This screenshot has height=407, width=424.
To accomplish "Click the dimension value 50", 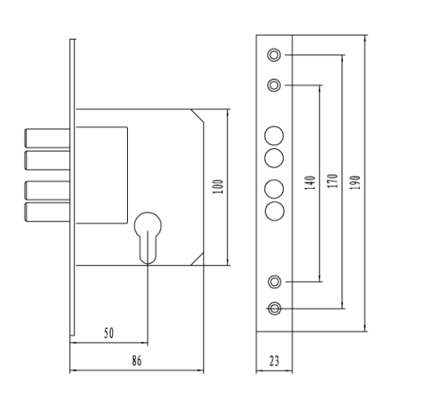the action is point(109,333).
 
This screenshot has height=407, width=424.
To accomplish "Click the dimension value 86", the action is point(137,361).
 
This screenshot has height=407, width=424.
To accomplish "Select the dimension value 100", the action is point(218,187).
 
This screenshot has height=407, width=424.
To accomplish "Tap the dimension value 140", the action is point(310,183).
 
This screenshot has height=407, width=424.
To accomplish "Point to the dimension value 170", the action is point(332,181).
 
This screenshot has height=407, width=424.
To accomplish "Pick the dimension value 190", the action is point(355,182).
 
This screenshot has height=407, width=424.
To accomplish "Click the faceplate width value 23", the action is point(274,361).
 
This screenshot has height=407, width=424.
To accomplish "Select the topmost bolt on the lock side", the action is point(48,138).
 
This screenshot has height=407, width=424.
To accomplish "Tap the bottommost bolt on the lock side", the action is point(48,212).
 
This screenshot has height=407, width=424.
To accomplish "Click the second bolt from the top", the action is point(48,161).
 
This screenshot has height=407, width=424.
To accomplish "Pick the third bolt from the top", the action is point(48,190).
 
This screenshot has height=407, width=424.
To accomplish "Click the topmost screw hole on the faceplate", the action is point(274,55).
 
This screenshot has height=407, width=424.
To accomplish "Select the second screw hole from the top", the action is point(274,85).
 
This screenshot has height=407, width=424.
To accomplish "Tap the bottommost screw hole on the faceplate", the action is point(275,308).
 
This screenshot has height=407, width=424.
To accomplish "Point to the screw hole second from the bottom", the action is point(275,282).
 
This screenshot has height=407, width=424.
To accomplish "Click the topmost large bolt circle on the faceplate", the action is point(274,136).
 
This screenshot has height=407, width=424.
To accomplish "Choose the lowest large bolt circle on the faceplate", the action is point(275,211).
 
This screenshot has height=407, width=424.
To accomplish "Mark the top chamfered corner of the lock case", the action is point(197,115).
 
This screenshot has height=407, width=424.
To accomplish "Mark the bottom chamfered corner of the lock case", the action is point(197,259).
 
